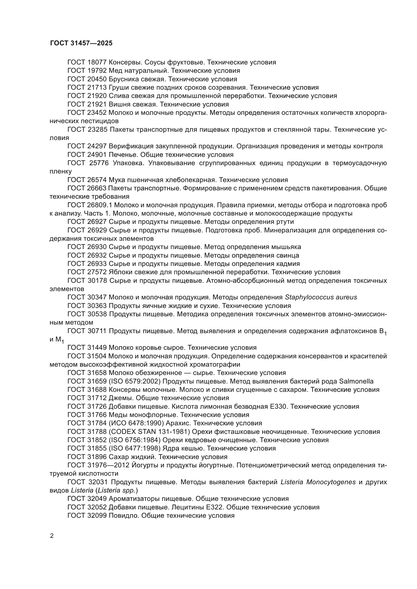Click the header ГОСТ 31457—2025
click(81, 43)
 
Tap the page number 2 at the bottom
click(52, 536)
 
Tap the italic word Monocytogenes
click(331, 482)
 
